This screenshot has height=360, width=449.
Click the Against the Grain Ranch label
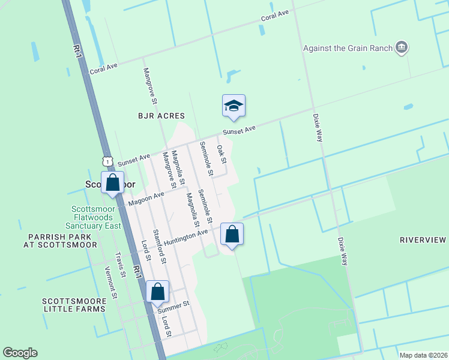pos(348,48)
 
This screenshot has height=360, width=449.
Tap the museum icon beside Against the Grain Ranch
pos(403,47)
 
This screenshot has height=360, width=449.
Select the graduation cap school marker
pos(233,106)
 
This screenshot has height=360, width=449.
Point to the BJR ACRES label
pos(161,115)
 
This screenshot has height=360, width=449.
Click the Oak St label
pos(221,154)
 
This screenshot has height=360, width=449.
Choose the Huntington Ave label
pos(185,236)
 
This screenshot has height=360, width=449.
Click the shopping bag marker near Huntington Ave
pos(232,234)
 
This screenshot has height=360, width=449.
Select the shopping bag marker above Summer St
pos(157,292)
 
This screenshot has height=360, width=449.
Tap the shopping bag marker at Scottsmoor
pos(112,182)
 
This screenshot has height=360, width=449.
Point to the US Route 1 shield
pos(107,161)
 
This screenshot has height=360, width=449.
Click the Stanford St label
pos(159,247)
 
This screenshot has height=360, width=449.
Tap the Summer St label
pos(173,307)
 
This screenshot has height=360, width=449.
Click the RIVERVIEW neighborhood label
pos(423,240)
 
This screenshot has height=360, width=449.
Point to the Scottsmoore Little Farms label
pos(74,304)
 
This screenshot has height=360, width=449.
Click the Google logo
pos(20,353)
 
